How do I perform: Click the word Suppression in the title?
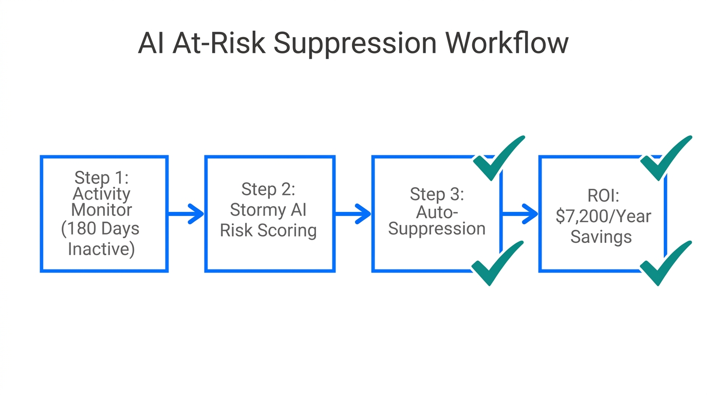click(355, 44)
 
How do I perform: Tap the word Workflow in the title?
click(507, 44)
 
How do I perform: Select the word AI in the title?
click(152, 44)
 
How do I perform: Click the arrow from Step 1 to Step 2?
click(187, 214)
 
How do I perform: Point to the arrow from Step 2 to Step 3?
click(353, 214)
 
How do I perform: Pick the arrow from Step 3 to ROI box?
click(520, 214)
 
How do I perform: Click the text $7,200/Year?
click(603, 216)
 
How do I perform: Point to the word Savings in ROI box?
click(601, 237)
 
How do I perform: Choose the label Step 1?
click(102, 177)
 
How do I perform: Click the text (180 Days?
click(100, 229)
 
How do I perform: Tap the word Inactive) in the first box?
click(101, 249)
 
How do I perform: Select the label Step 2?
click(268, 189)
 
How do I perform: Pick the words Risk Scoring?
click(268, 230)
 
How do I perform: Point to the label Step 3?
click(437, 194)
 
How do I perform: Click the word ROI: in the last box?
click(602, 195)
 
